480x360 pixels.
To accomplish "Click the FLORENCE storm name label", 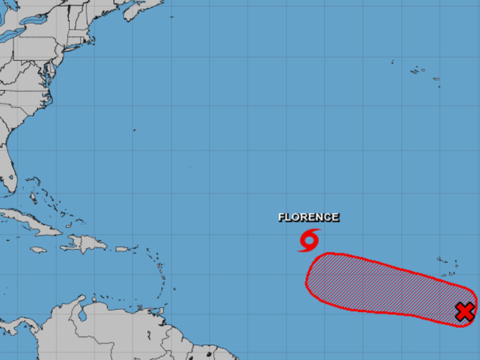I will (308, 217).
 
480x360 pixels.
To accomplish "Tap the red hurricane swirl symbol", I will (309, 240).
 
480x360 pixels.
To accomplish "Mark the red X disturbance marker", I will (465, 311).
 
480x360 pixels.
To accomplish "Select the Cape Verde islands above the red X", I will (448, 264).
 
